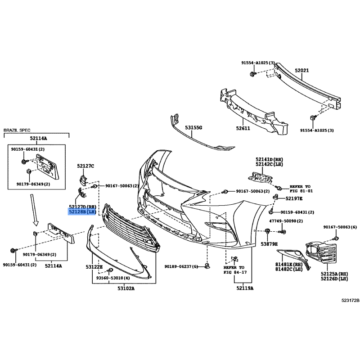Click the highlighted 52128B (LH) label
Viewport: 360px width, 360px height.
coord(82,211)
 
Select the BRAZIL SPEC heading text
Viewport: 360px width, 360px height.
coord(17,130)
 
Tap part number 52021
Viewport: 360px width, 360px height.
coord(301,70)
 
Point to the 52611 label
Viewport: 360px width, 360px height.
coord(243,128)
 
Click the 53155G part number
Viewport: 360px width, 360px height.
coord(193,127)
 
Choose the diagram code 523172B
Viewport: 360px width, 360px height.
coord(350,300)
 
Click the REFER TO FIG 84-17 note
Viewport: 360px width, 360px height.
coord(235,270)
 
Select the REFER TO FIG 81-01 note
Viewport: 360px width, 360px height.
coord(301,189)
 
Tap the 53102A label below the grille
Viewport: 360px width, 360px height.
coord(126,288)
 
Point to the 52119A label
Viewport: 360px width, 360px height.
coord(245,288)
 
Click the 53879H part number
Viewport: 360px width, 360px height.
coord(269,244)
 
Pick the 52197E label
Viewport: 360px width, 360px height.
coord(294,198)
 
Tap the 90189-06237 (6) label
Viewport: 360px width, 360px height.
coord(181,266)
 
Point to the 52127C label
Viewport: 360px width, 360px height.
coord(85,166)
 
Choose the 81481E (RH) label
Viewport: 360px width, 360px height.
coord(289,265)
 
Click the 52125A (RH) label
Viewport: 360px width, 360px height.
coord(334,274)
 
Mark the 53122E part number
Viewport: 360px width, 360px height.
coord(94,267)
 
